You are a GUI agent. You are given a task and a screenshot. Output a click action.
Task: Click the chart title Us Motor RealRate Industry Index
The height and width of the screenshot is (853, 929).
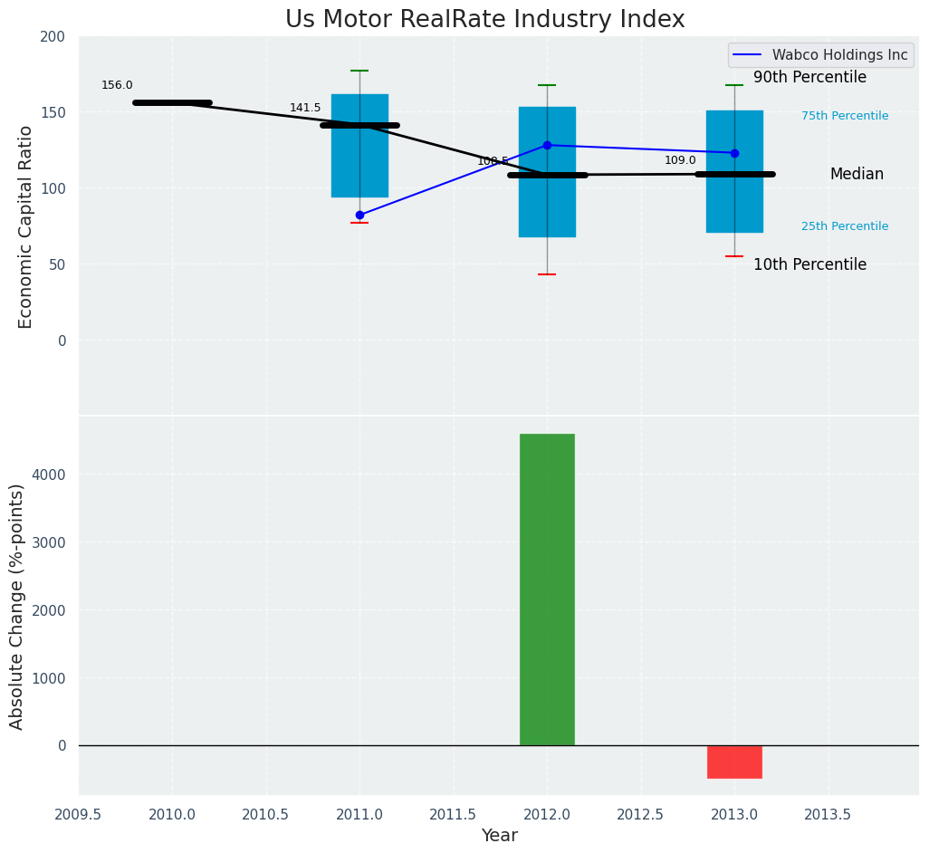click(484, 20)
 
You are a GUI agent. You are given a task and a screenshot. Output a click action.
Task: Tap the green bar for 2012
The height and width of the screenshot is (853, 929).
click(547, 589)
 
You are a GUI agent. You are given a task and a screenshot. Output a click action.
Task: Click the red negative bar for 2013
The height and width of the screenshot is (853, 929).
click(734, 762)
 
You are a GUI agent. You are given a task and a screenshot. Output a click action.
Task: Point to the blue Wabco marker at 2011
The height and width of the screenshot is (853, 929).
click(359, 215)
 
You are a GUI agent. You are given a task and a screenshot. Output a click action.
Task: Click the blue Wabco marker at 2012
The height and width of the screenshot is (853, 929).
click(547, 145)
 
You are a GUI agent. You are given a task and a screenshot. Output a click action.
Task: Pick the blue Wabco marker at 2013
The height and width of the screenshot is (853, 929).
click(734, 153)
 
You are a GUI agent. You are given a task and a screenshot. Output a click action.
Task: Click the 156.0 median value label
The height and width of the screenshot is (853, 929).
click(117, 85)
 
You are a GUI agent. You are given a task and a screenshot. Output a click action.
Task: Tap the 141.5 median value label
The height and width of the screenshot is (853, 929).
click(305, 108)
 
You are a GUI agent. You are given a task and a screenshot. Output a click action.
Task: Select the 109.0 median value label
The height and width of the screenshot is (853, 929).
click(680, 160)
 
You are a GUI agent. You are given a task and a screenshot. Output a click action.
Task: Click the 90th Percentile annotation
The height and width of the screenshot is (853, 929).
click(809, 78)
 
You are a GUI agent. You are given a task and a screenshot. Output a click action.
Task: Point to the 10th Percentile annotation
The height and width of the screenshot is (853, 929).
click(809, 265)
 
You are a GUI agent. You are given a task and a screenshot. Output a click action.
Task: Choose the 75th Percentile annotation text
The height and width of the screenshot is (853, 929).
click(845, 116)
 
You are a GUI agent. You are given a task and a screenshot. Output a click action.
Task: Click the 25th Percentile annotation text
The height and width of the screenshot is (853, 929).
click(845, 226)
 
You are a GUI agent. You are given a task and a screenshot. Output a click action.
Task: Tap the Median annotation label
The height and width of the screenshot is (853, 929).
click(857, 175)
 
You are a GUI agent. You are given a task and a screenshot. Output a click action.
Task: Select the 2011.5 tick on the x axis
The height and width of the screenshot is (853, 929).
click(454, 814)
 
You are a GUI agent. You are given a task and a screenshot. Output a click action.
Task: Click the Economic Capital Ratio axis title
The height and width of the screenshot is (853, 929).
click(26, 226)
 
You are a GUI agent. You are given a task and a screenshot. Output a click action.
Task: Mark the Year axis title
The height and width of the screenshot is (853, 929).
click(499, 836)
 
